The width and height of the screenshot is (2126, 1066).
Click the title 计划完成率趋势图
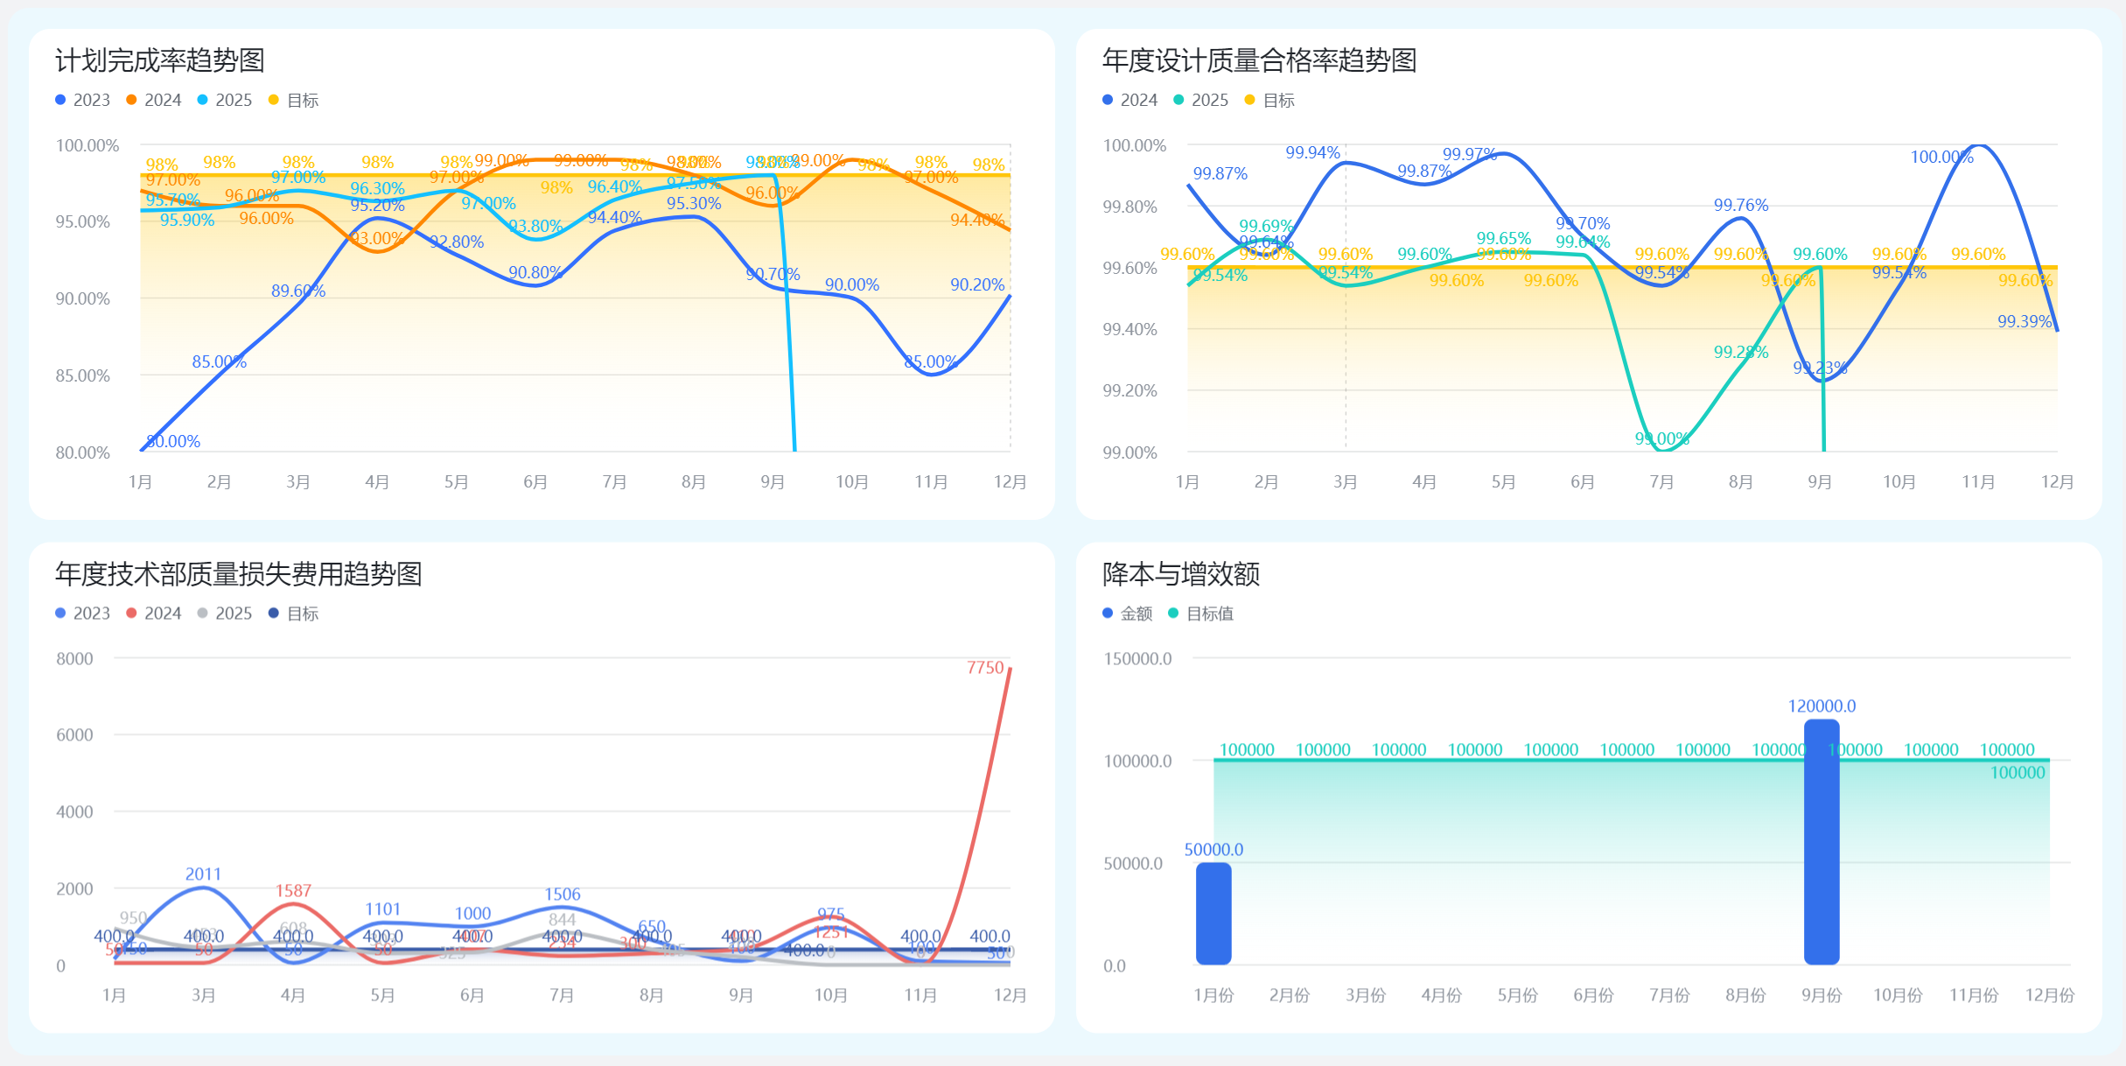[159, 60]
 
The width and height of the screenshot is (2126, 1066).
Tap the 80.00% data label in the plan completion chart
[173, 441]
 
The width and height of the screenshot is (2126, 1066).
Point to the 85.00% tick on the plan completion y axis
[83, 375]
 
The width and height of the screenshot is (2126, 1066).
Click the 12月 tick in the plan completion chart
[1010, 481]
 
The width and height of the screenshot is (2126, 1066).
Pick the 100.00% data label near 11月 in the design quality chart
[1941, 157]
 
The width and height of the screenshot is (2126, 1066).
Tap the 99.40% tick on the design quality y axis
[1129, 329]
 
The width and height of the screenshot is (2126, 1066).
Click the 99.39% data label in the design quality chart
[2024, 321]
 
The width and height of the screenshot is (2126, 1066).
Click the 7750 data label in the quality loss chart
[985, 668]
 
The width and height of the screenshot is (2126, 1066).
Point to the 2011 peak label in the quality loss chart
[203, 873]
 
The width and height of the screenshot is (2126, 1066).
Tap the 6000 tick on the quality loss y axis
[74, 735]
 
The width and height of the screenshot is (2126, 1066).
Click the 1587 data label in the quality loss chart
[293, 890]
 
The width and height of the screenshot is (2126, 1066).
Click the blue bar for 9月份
[1822, 841]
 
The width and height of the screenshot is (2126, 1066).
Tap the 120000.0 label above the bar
[1822, 705]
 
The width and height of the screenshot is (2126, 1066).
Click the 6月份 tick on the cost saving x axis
[1593, 995]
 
